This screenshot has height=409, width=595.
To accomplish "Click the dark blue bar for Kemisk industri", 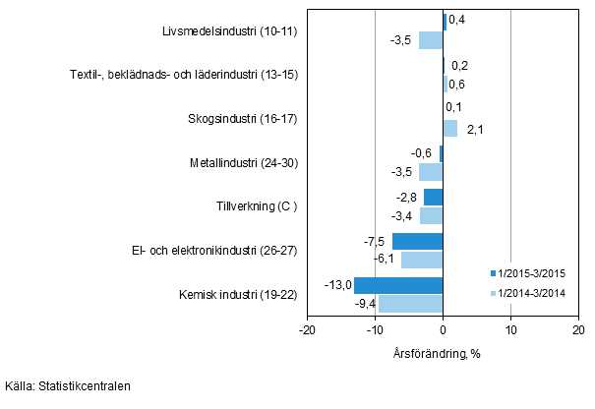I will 398,285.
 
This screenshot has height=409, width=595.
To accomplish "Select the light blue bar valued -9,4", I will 410,304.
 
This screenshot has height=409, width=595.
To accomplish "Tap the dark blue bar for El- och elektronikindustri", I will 417,241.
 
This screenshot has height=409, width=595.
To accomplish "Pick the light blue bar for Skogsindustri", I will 449,128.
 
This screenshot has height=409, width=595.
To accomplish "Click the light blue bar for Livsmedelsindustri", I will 431,40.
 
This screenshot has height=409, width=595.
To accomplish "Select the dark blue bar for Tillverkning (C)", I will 433,197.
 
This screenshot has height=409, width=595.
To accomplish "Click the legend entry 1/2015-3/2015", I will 535,273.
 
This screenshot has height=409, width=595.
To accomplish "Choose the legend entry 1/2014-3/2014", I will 535,293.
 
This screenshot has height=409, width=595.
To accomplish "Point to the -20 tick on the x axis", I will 307,331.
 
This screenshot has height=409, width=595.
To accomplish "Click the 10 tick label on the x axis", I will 510,331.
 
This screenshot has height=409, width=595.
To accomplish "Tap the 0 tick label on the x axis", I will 443,331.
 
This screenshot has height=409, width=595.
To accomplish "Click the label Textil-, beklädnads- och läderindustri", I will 184,75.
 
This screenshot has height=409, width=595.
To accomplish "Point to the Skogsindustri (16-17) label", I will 243,119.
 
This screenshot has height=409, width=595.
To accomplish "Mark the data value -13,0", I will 337,284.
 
